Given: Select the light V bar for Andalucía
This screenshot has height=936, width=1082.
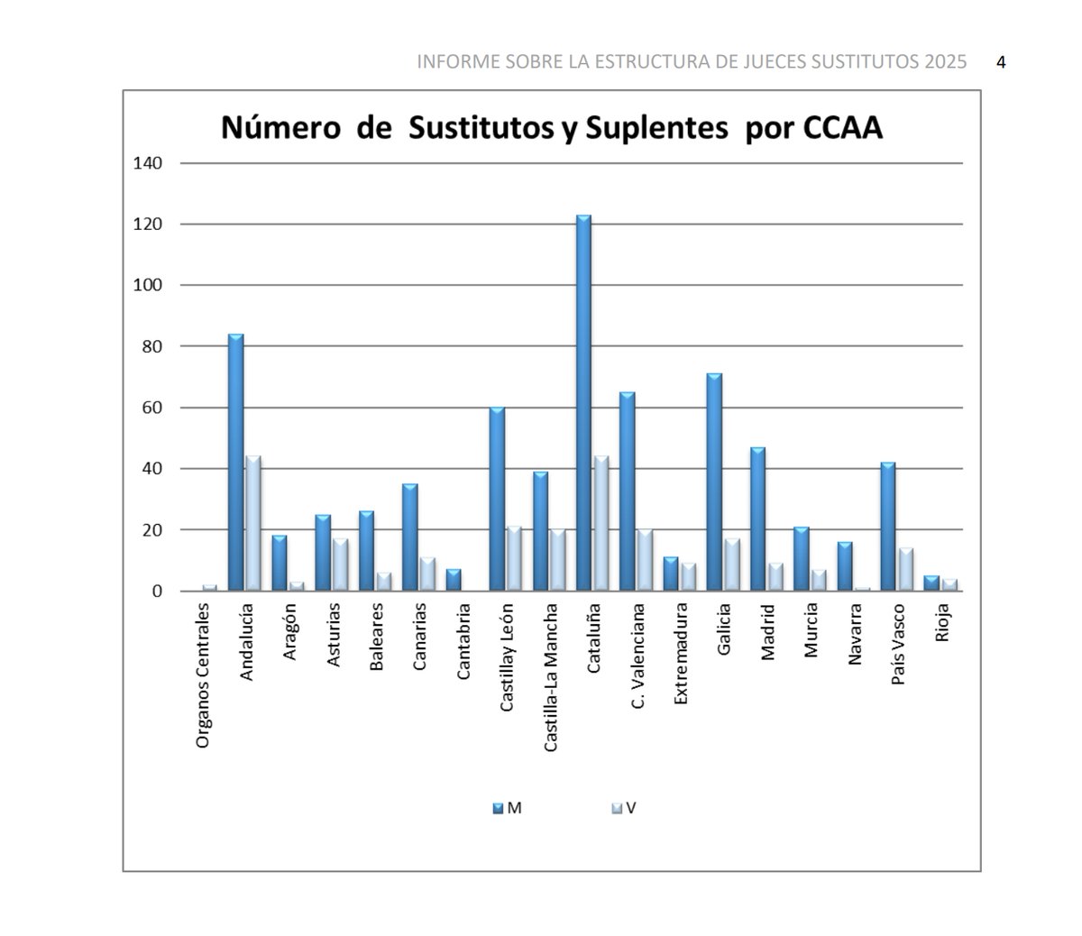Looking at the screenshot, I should point(252,524).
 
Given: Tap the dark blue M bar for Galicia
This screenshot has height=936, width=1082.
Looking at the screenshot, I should point(714,482).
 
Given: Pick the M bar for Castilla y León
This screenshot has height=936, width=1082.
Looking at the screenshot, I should point(497,500).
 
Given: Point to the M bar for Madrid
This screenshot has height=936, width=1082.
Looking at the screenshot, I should point(758,518).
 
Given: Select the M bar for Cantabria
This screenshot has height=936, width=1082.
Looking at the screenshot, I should point(454,581).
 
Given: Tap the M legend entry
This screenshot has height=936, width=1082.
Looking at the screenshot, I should point(508,809).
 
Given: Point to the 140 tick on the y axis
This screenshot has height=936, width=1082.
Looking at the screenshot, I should point(147,163).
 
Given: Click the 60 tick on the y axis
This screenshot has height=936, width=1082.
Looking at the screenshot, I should point(151,408).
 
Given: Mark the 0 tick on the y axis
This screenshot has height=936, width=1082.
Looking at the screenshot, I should point(156,592).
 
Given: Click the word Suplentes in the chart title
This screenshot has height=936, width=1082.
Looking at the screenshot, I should point(656,129).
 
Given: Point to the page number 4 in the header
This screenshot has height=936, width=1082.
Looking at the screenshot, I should point(1001,62).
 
